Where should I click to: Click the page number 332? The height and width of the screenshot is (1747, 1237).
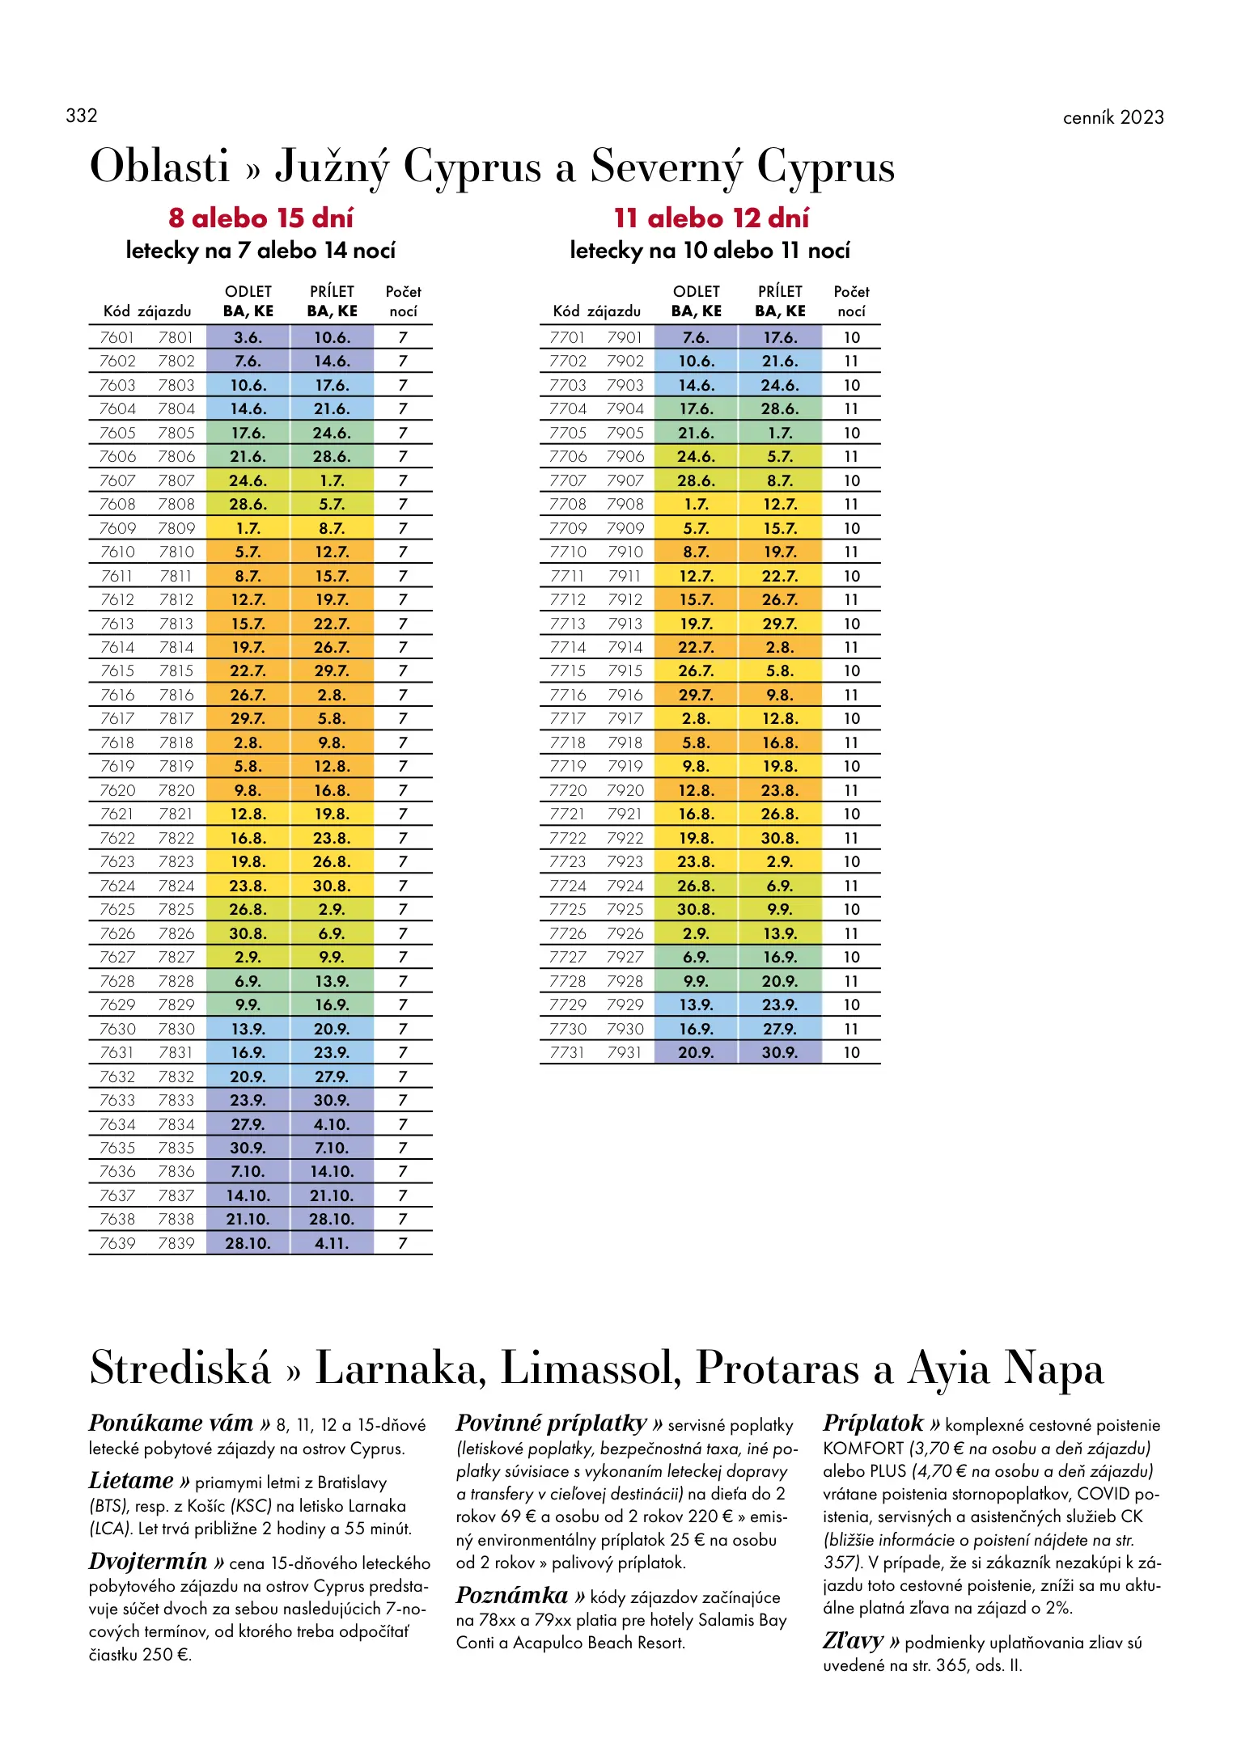tap(82, 116)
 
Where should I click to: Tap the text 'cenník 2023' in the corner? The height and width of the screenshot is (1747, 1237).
tap(1112, 117)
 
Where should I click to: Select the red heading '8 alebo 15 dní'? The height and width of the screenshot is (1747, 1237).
tap(261, 218)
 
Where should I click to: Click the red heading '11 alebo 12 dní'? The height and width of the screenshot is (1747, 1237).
tap(711, 218)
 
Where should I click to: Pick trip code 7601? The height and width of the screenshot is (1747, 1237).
tap(116, 337)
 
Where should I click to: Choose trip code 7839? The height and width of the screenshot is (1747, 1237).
tap(176, 1243)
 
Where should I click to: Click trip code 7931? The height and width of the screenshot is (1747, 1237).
tap(624, 1052)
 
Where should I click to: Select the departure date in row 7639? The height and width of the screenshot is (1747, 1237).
tap(248, 1243)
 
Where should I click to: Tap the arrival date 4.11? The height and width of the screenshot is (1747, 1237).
tap(332, 1243)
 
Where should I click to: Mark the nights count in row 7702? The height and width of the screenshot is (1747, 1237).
tap(851, 362)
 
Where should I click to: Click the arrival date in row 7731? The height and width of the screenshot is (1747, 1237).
tap(780, 1052)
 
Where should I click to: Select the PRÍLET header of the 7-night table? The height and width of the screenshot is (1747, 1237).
tap(332, 292)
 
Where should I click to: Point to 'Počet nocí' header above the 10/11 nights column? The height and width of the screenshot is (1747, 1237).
tap(851, 301)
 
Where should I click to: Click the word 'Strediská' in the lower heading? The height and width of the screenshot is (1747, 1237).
tap(180, 1368)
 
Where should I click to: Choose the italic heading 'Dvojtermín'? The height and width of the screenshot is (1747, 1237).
tap(148, 1561)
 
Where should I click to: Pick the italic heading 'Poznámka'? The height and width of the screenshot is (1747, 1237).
tap(512, 1595)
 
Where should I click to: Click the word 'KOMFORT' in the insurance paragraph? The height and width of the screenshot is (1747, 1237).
tap(862, 1448)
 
